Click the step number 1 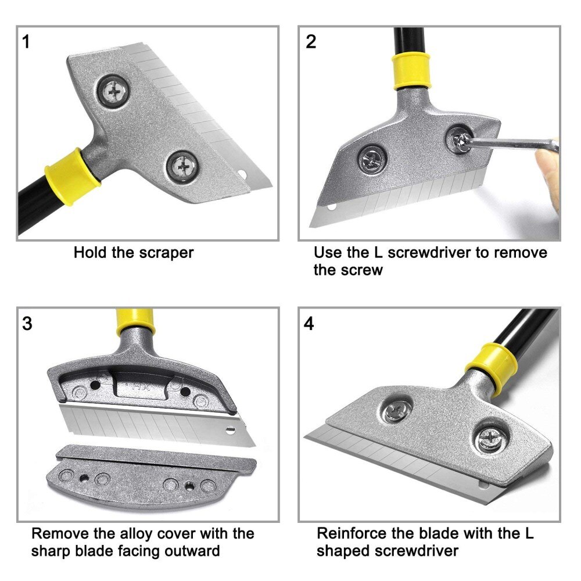tap(26, 42)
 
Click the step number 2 tap(311, 42)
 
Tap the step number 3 tap(27, 324)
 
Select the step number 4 tap(309, 324)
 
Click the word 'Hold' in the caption tap(91, 253)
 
